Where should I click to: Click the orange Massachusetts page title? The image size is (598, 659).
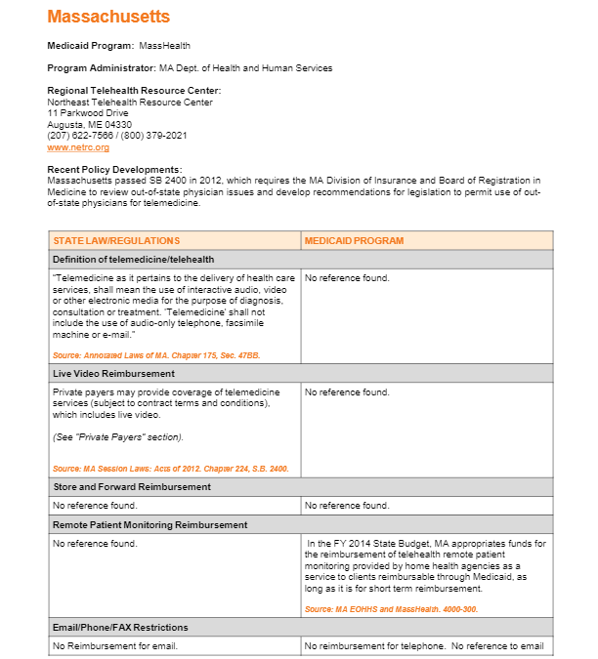(108, 17)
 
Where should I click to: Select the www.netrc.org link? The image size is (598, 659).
(78, 147)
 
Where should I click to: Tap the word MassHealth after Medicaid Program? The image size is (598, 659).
(164, 46)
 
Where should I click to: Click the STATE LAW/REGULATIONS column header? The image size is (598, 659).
(116, 240)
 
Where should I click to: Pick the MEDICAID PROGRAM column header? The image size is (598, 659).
(354, 240)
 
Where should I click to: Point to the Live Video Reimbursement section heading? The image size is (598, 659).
(113, 373)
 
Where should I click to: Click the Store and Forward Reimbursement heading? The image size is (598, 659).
(131, 486)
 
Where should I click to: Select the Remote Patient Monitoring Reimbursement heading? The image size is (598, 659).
(149, 524)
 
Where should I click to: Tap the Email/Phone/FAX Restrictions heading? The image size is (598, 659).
(122, 627)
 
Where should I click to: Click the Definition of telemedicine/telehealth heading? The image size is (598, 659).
(133, 260)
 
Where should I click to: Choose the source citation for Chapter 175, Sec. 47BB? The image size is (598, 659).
(156, 355)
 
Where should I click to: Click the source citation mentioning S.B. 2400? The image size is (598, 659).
(170, 469)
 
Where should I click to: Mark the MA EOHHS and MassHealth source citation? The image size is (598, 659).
(391, 609)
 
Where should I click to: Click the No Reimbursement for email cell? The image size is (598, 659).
(115, 646)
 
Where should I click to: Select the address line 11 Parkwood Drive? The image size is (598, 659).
(87, 113)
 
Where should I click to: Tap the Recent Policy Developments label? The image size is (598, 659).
(114, 170)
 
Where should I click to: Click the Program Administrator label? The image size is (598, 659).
(101, 68)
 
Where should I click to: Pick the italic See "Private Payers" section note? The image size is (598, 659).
(117, 436)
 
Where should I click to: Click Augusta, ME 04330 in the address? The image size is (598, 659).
(89, 125)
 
